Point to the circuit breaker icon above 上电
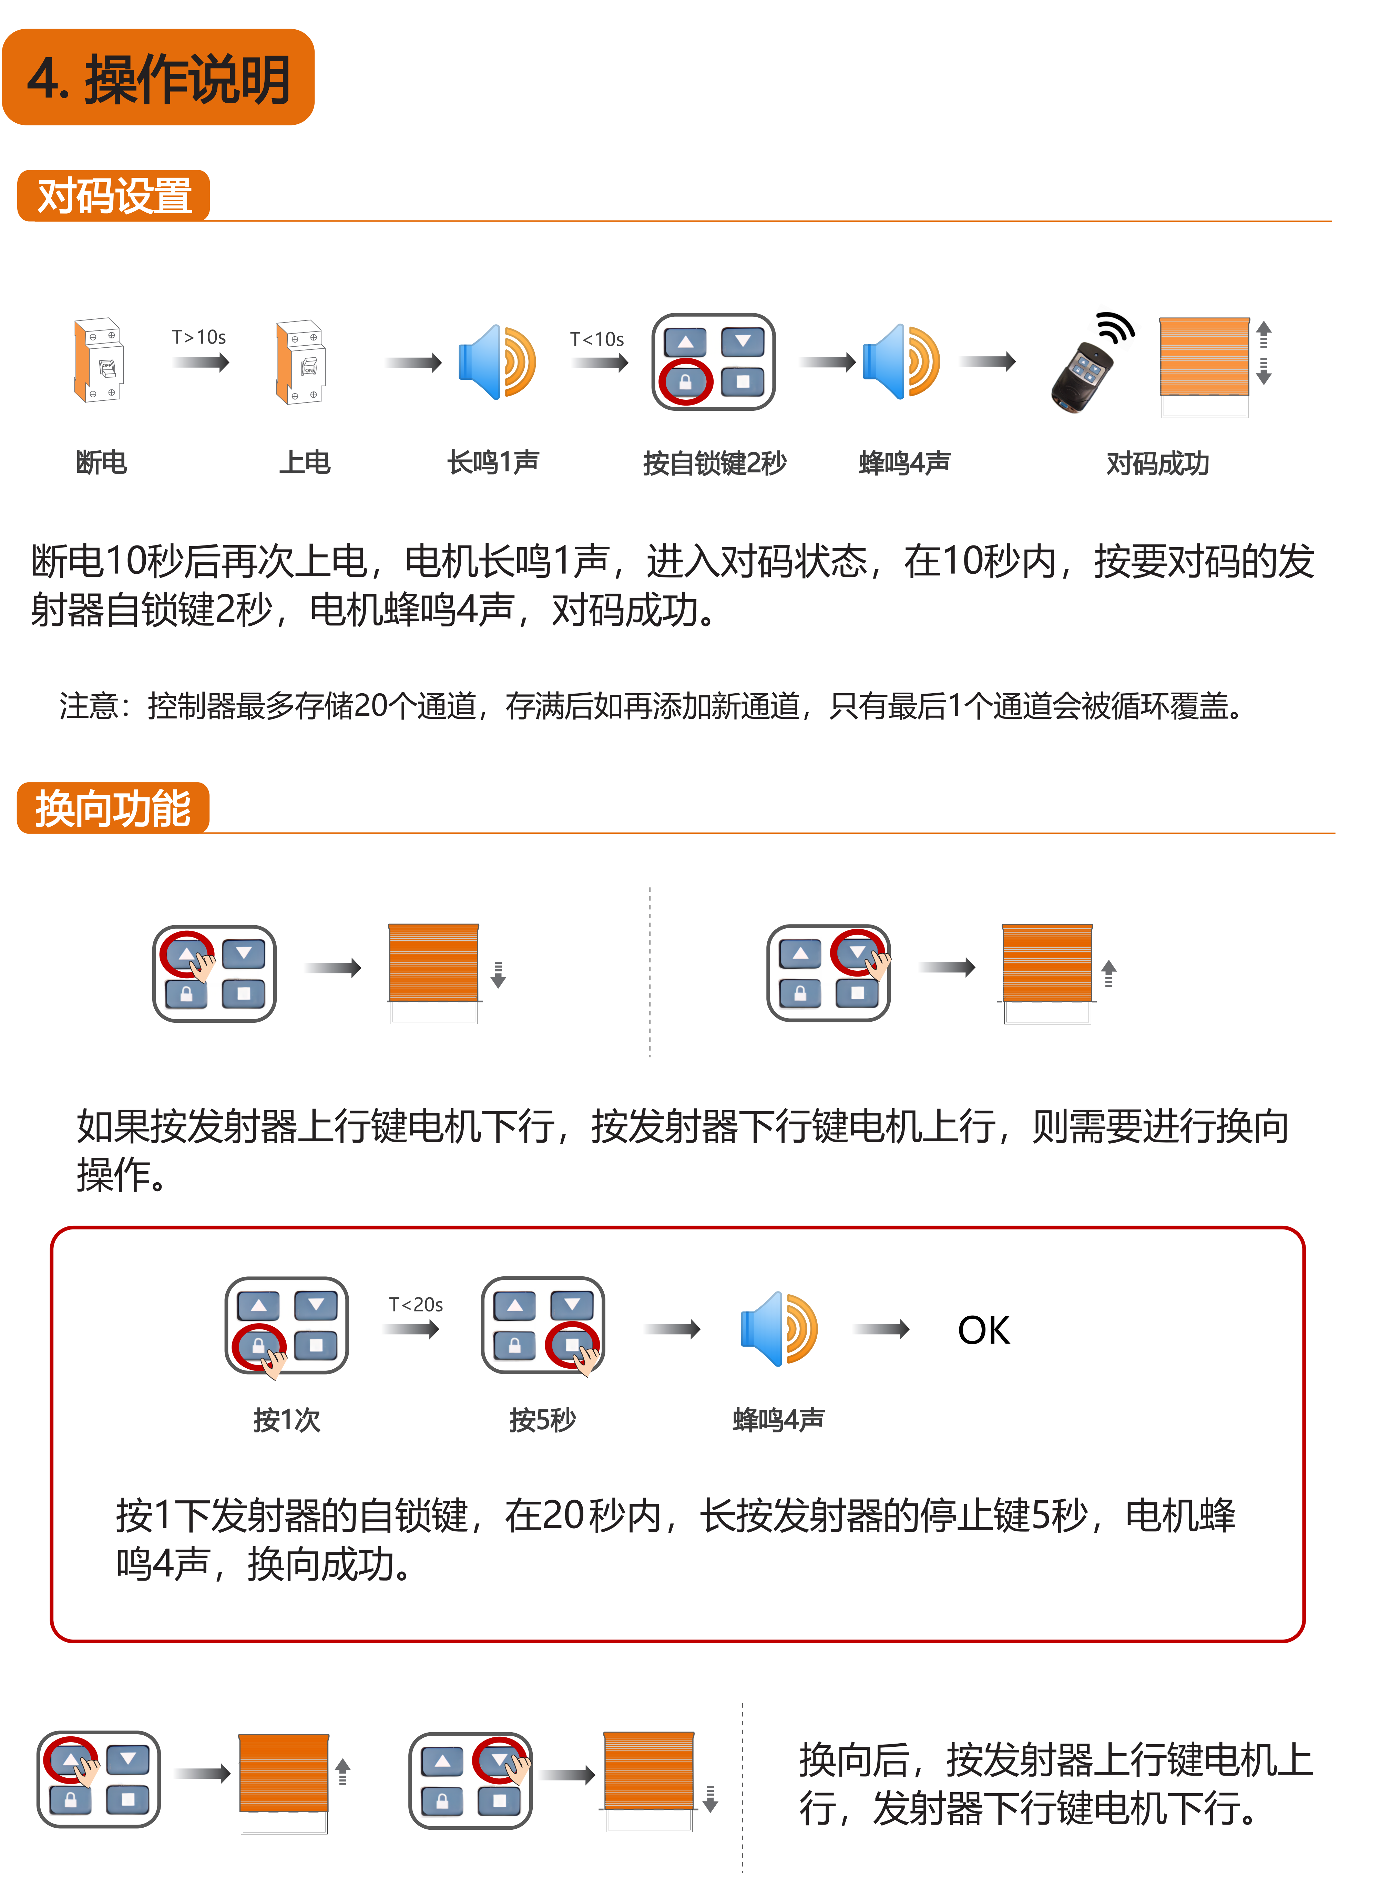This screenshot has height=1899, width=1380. (x=301, y=362)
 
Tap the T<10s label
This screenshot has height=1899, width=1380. (x=597, y=339)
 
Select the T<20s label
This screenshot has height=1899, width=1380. (x=416, y=1305)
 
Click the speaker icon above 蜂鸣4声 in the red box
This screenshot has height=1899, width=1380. (x=779, y=1329)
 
